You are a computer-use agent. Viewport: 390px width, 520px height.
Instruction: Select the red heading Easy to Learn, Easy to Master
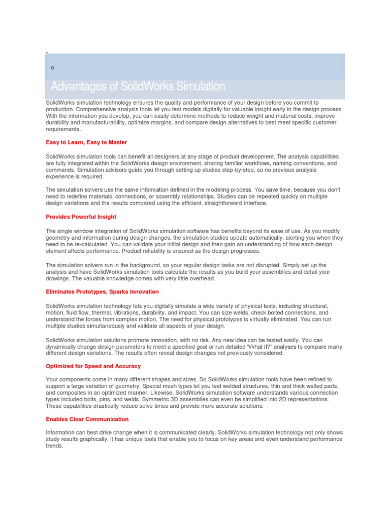86,142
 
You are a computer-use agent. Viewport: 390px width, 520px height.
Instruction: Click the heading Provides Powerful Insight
81,217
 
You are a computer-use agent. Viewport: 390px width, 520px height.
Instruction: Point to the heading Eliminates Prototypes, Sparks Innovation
102,291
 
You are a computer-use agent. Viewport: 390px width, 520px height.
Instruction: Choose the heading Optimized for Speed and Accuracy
93,366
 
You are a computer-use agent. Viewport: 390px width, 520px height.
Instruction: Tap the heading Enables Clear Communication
87,419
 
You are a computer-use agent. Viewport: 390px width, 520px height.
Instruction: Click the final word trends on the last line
54,445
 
